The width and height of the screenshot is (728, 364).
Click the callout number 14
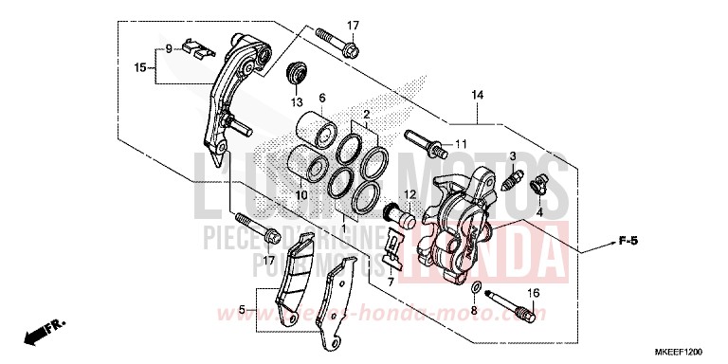pyautogui.click(x=477, y=95)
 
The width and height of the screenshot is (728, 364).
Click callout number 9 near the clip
pyautogui.click(x=169, y=47)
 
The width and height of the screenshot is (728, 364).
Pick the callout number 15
pyautogui.click(x=138, y=67)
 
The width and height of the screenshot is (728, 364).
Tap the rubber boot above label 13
pyautogui.click(x=298, y=73)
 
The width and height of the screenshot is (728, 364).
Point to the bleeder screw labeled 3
pyautogui.click(x=516, y=177)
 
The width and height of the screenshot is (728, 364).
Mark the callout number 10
pyautogui.click(x=300, y=195)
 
